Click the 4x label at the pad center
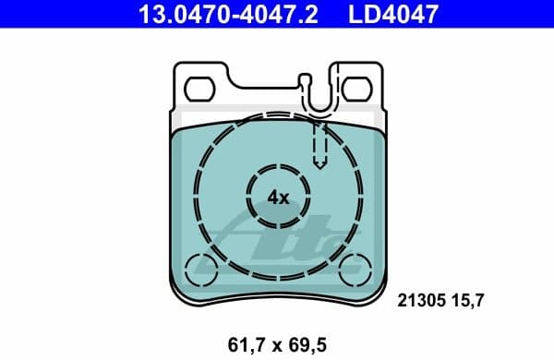coord(278,196)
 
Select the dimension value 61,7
coord(243,344)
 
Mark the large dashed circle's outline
coord(196,196)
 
